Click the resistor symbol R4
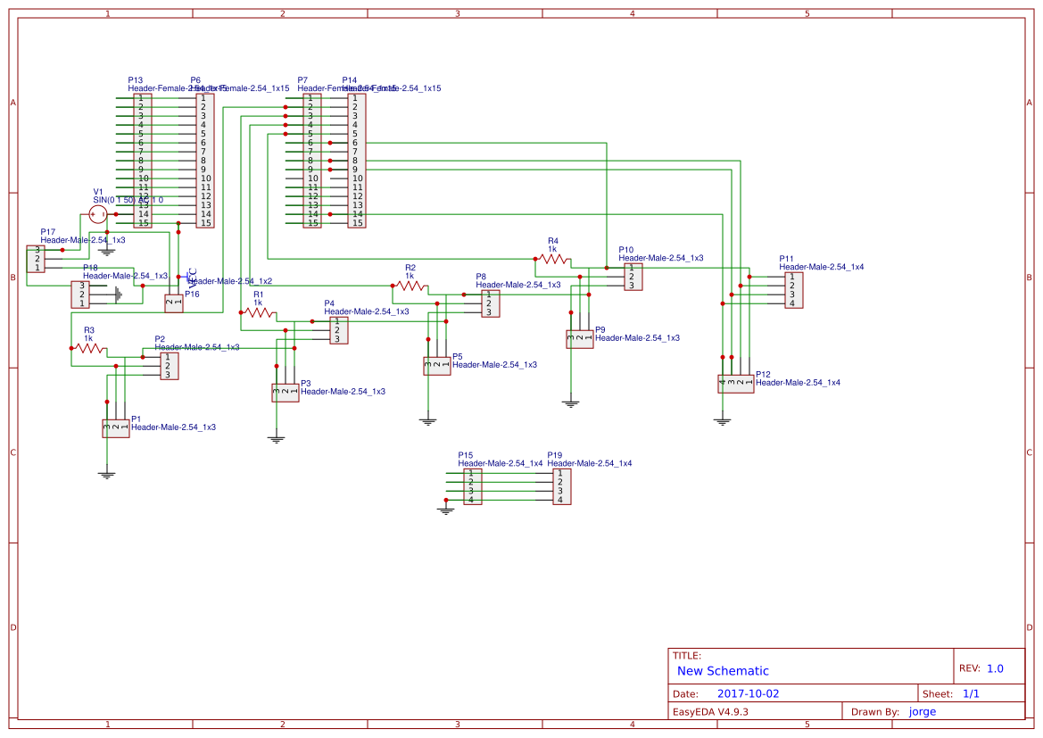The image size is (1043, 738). [x=553, y=259]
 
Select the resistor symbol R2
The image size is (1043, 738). [x=410, y=286]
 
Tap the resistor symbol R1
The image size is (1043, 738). [x=259, y=312]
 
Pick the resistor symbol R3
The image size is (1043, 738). [x=89, y=348]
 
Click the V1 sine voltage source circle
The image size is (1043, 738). [x=98, y=214]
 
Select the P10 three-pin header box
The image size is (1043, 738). [x=633, y=277]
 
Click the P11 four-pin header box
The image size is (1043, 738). [x=793, y=290]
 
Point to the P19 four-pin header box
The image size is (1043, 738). [x=561, y=486]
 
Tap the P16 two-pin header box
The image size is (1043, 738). [x=174, y=303]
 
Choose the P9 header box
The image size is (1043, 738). [x=579, y=339]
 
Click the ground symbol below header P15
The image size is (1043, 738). [x=446, y=510]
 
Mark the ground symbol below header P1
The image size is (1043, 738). [x=107, y=475]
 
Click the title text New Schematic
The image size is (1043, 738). [x=723, y=671]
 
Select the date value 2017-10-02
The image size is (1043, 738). [x=748, y=693]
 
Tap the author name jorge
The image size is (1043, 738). [x=923, y=711]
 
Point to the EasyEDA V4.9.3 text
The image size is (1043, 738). [x=710, y=711]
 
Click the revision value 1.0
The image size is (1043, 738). [x=995, y=668]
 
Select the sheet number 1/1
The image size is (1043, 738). [x=972, y=693]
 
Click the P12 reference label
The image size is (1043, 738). [x=762, y=374]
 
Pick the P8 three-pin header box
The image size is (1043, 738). [x=490, y=303]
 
